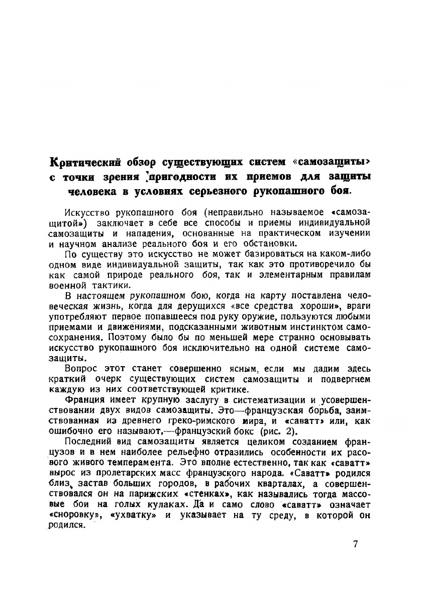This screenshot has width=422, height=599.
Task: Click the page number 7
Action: point(355,544)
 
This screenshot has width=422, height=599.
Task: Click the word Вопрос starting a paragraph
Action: point(80,369)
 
